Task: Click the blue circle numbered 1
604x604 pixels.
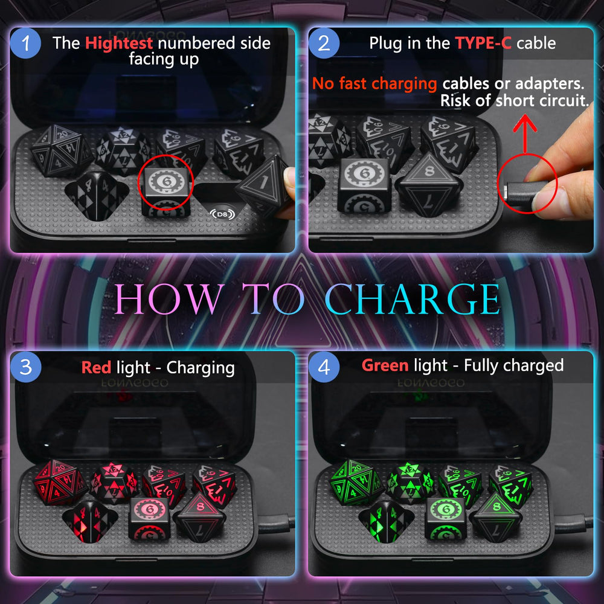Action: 25,43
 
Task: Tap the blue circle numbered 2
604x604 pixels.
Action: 324,43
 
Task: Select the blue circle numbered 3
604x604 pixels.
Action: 25,367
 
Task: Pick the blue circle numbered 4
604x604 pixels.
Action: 324,367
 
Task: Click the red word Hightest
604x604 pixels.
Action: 119,43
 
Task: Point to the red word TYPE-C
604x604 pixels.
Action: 483,43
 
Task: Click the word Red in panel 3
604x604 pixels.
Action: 96,367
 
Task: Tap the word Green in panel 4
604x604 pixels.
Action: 385,365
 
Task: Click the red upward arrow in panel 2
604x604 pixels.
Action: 525,133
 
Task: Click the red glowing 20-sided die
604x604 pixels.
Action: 60,482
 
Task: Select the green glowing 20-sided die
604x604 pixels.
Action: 357,482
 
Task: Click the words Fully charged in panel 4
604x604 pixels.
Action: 514,365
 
